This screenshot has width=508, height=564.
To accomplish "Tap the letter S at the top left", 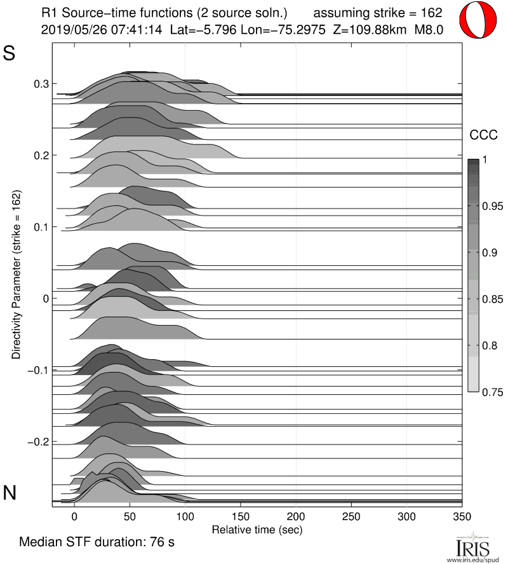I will click(10, 54).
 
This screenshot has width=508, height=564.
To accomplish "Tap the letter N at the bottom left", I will click(10, 492).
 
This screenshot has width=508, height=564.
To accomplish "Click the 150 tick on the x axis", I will click(241, 516).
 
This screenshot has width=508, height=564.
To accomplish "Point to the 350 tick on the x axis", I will click(462, 516).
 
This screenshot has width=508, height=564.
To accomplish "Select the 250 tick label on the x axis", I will click(351, 516).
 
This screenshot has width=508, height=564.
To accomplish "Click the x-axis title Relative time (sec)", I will click(257, 529).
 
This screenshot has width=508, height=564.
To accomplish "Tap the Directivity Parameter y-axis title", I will click(15, 273).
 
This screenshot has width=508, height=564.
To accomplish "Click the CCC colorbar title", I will click(482, 135).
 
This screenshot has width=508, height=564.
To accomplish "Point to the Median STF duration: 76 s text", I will click(97, 543).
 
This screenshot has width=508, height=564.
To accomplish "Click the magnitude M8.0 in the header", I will click(428, 29).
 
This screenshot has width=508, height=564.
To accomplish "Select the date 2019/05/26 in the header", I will click(70, 29).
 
